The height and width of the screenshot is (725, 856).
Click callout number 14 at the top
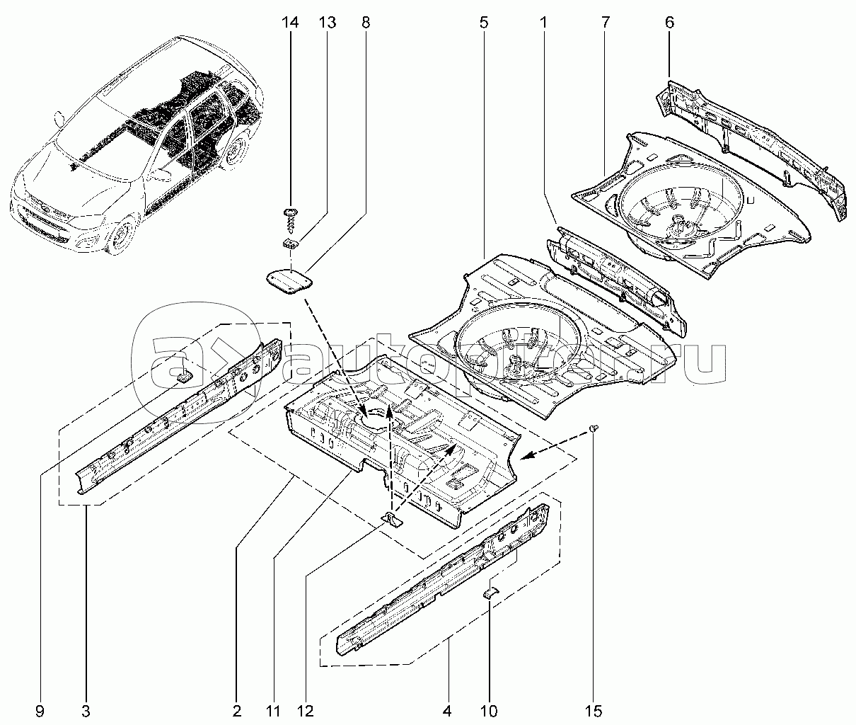pos(290,22)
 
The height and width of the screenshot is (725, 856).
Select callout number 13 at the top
pos(327,22)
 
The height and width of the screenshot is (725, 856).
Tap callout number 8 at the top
pos(365,22)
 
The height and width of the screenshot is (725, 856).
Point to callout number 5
pos(483,22)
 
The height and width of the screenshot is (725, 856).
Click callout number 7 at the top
pos(606,22)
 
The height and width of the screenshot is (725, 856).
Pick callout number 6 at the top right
pos(669,22)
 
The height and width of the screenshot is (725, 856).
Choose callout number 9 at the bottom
pos(41,709)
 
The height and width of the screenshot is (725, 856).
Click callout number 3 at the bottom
pos(86,709)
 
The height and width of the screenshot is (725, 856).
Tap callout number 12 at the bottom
pos(306,709)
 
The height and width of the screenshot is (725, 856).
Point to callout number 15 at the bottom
pos(593,709)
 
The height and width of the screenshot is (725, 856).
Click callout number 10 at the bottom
pos(489,709)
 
